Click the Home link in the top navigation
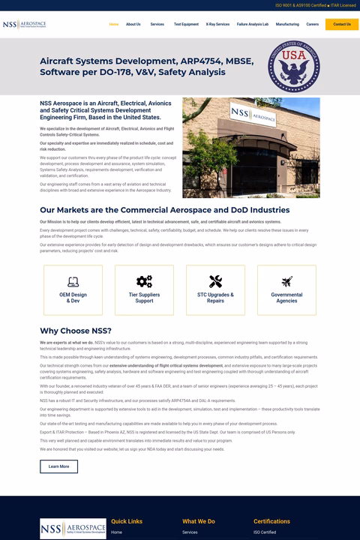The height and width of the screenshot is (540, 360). click(114, 24)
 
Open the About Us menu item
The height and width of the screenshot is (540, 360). click(133, 24)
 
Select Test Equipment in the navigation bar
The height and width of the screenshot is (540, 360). click(186, 24)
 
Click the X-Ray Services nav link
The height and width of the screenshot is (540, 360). click(217, 24)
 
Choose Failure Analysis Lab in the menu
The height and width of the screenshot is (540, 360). click(253, 24)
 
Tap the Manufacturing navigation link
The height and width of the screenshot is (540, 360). click(287, 24)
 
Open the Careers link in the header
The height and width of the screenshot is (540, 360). click(312, 24)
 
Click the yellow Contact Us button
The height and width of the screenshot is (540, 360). click(342, 24)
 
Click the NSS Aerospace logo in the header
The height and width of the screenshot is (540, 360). click(24, 25)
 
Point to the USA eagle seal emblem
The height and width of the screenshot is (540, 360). click(294, 65)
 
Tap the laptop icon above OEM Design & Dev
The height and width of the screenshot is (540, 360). click(73, 281)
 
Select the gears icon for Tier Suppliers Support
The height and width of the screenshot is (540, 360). click(144, 281)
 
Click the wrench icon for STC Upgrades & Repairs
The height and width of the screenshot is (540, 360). click(215, 281)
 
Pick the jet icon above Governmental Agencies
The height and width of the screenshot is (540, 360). click(286, 281)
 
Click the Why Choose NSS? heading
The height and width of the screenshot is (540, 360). click(76, 331)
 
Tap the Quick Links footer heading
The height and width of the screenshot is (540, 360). click(127, 521)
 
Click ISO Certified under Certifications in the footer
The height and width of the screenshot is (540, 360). click(265, 532)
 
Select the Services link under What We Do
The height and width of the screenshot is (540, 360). click(190, 532)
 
